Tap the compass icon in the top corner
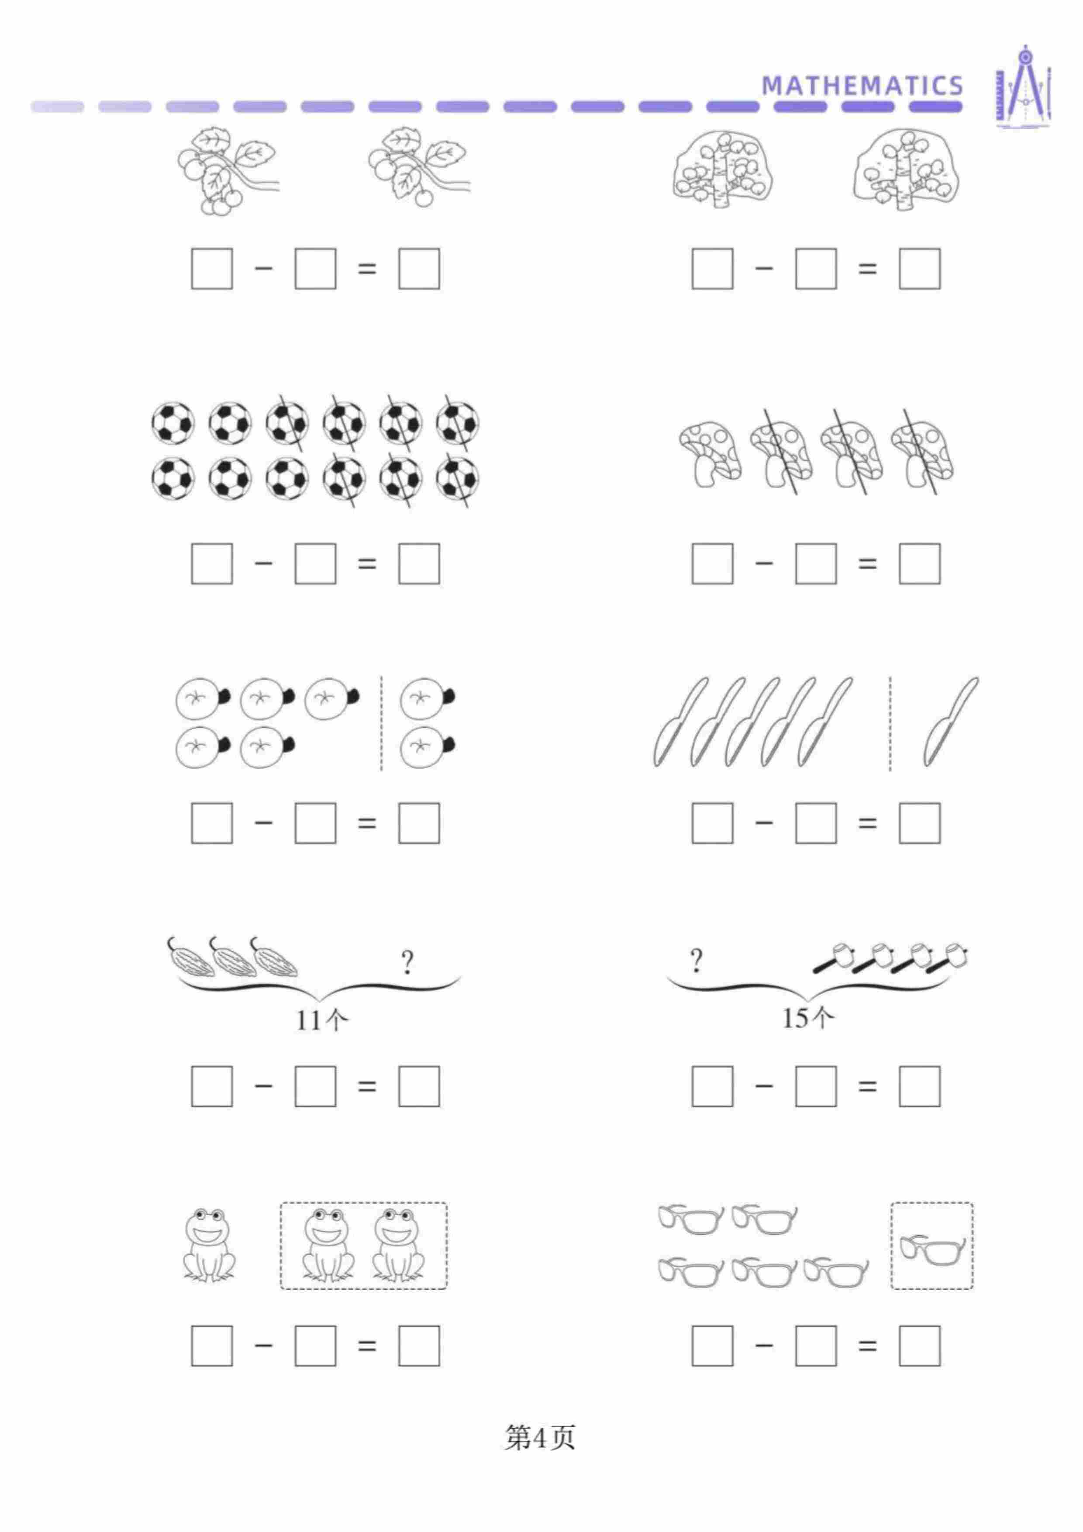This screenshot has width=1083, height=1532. (x=1024, y=87)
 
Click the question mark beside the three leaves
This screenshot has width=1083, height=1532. (x=407, y=962)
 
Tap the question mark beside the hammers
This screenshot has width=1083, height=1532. (x=696, y=961)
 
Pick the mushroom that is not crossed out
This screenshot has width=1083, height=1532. (x=710, y=454)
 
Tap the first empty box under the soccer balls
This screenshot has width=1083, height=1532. (x=212, y=564)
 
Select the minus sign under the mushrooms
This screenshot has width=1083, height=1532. (x=764, y=563)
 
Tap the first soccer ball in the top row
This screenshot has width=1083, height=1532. (x=173, y=423)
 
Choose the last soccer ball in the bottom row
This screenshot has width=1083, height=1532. (x=458, y=478)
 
